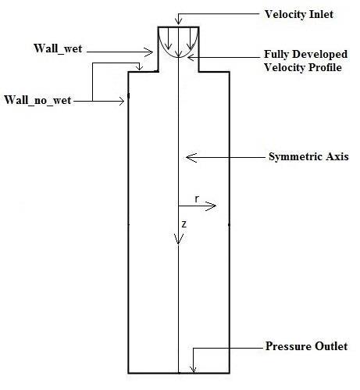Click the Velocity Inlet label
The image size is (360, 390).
(299, 15)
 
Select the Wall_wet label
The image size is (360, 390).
(58, 49)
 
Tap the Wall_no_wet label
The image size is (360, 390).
(37, 101)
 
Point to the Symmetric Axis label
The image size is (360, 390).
(308, 157)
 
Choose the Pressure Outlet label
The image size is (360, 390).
(306, 346)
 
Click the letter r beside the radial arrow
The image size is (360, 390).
(197, 199)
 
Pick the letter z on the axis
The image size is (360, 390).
(184, 224)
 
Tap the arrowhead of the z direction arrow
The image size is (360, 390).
(178, 239)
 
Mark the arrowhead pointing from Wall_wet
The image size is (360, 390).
(148, 52)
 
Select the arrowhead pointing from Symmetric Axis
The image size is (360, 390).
(191, 157)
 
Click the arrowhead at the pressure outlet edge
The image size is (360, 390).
(193, 370)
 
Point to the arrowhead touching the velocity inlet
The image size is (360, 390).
(178, 21)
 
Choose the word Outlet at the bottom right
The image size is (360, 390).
(331, 346)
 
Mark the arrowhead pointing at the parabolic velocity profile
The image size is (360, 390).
(191, 58)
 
